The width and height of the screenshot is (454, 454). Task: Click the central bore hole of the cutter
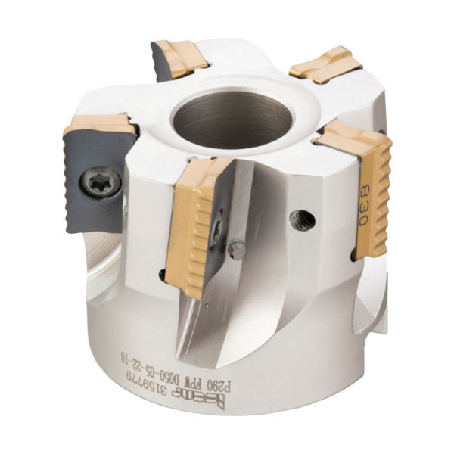click(232, 121)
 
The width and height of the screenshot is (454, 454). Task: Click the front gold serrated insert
click(195, 227)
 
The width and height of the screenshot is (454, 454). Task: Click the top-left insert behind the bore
click(179, 59)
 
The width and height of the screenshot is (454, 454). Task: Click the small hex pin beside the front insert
click(236, 250)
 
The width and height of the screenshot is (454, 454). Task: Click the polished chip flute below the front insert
click(204, 318)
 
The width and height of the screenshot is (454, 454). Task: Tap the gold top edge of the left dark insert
click(102, 124)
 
